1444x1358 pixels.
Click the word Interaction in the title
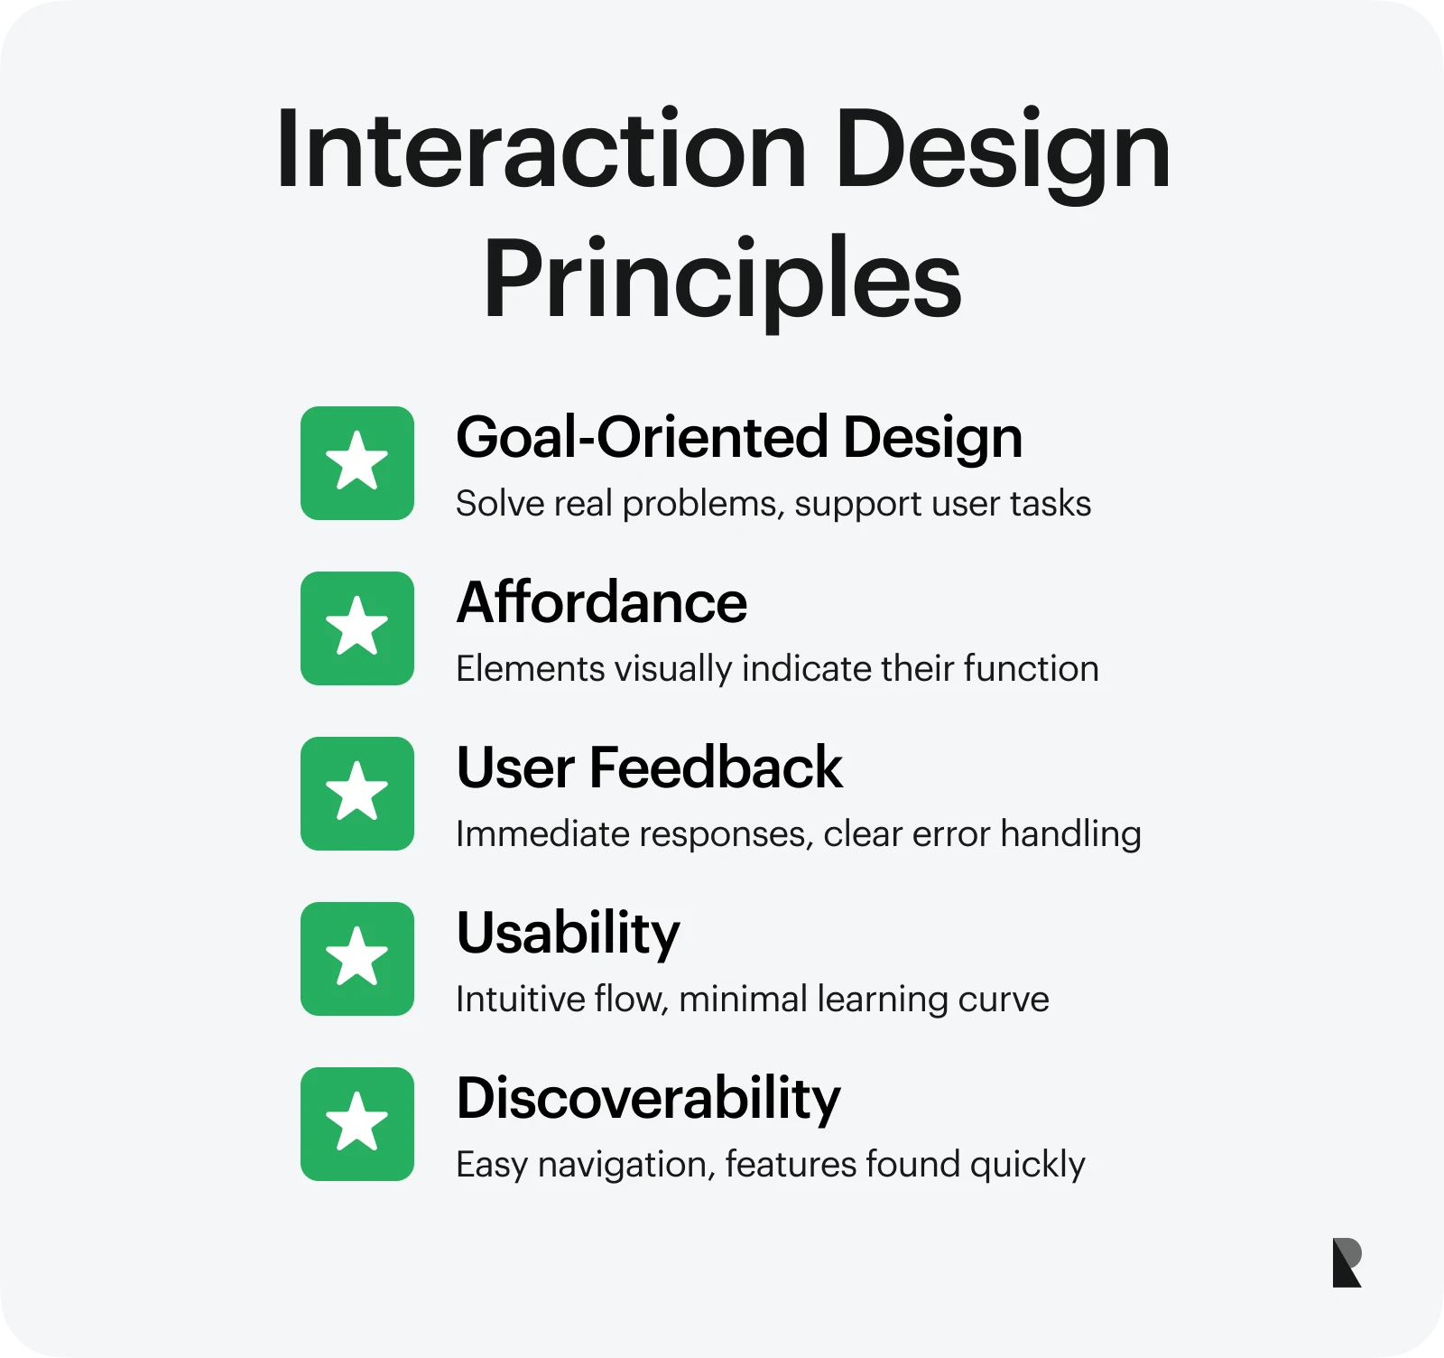coord(541,150)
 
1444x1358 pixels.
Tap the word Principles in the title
coord(722,280)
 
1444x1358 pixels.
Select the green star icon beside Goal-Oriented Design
coord(357,463)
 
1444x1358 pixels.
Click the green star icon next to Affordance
coord(357,628)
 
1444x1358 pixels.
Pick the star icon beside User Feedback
coord(357,794)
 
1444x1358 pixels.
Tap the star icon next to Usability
coord(357,959)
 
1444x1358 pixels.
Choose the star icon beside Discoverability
coord(357,1124)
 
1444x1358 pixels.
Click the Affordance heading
coord(602,602)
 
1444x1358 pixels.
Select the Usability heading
coord(569,934)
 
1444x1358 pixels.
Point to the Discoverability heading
coord(648,1099)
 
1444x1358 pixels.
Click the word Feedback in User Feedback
coord(716,767)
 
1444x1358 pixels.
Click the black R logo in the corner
coord(1347,1262)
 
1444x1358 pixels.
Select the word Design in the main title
coord(1002,150)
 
